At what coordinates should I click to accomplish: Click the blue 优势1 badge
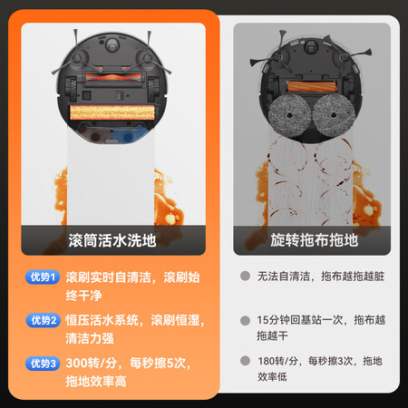[x=43, y=277]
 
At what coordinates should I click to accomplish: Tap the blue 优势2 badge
[x=43, y=320]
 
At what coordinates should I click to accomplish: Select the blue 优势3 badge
[x=43, y=364]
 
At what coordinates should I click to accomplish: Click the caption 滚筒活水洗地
[x=112, y=240]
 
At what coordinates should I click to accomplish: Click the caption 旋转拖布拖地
[x=314, y=240]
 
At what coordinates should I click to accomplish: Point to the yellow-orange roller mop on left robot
[x=112, y=112]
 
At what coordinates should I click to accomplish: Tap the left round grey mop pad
[x=289, y=115]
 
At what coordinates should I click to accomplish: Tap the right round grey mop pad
[x=334, y=115]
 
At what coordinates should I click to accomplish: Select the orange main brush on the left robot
[x=112, y=78]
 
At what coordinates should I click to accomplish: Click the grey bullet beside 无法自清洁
[x=245, y=276]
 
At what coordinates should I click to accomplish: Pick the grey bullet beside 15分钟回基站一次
[x=245, y=320]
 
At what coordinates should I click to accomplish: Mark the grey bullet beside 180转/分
[x=245, y=361]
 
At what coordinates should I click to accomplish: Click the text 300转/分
[x=92, y=363]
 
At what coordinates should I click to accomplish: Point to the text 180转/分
[x=277, y=361]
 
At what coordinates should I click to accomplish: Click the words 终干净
[x=83, y=296]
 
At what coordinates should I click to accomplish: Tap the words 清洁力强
[x=90, y=338]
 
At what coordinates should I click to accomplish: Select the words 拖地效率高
[x=96, y=382]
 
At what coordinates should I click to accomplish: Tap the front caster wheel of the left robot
[x=112, y=44]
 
